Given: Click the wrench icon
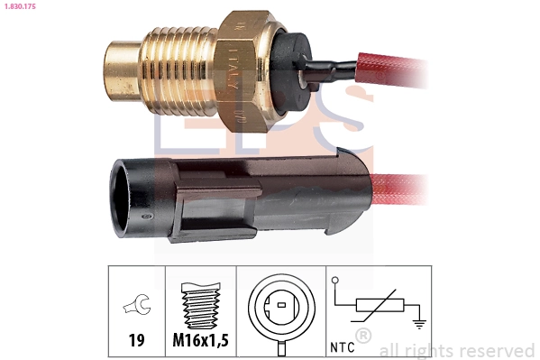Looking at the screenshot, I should point(135,309).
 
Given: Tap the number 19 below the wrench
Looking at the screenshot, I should point(135,342).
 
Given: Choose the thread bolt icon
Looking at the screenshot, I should point(199,308).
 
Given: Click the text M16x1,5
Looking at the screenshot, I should point(200,342).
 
